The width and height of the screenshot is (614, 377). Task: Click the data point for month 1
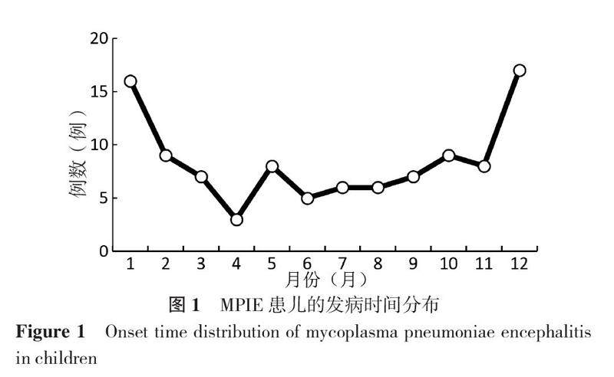pyautogui.click(x=130, y=81)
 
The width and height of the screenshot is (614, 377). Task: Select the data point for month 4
pyautogui.click(x=236, y=219)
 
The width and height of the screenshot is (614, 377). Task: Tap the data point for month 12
pyautogui.click(x=519, y=70)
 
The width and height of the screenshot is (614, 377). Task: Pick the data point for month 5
pyautogui.click(x=272, y=166)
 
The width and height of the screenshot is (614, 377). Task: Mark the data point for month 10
pyautogui.click(x=448, y=156)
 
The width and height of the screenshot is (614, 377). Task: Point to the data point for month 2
pyautogui.click(x=166, y=156)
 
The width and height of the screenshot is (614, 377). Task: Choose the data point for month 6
pyautogui.click(x=307, y=198)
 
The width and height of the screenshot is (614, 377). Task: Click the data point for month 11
pyautogui.click(x=484, y=166)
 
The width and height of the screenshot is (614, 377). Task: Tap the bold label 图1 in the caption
pyautogui.click(x=184, y=305)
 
